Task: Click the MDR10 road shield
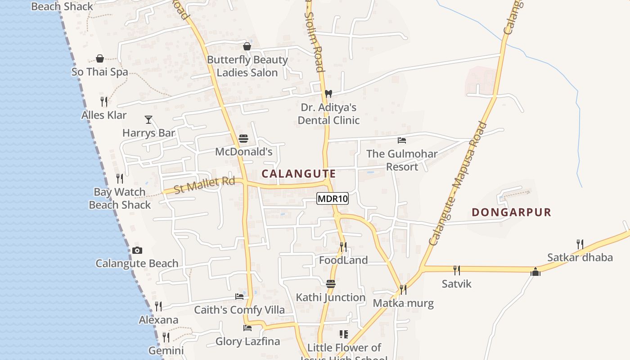[333, 198]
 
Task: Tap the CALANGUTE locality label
[299, 174]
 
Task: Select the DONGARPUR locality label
[511, 212]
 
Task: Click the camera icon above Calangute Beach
[137, 251]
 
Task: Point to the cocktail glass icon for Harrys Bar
[148, 120]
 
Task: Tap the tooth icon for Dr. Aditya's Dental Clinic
[328, 94]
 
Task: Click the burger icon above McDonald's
[243, 139]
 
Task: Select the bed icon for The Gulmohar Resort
[402, 140]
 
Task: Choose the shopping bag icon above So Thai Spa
[100, 59]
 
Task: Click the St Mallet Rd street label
[205, 185]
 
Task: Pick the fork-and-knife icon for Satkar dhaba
[580, 244]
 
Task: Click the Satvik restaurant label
[456, 284]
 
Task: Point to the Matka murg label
[403, 303]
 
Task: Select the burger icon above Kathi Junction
[331, 284]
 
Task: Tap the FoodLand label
[343, 260]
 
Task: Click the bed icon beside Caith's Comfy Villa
[239, 297]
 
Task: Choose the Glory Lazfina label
[247, 342]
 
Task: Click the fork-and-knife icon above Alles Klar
[104, 102]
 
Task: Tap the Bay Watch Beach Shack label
[120, 198]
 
